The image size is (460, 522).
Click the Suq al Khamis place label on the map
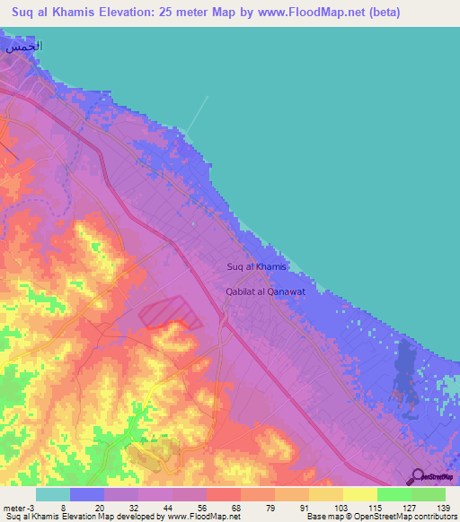click(256, 267)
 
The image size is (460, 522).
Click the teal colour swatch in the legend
click(53, 494)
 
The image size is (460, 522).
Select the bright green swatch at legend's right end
click(429, 494)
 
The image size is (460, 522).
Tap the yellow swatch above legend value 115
click(360, 494)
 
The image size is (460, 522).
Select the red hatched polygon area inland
click(171, 314)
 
